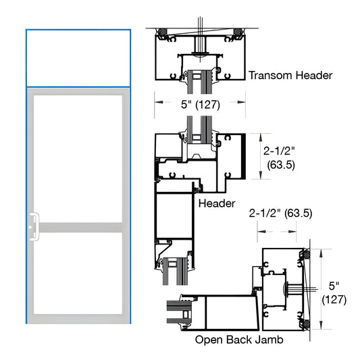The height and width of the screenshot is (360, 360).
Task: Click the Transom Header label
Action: point(290,76)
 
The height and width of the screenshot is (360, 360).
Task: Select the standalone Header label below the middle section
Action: point(216,203)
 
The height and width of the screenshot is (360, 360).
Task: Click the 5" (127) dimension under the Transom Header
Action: point(189,104)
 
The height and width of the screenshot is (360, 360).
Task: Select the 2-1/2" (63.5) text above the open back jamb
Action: point(280,213)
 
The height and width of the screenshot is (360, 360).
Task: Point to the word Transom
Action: point(269,76)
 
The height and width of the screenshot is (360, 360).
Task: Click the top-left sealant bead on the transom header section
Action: point(161,32)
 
